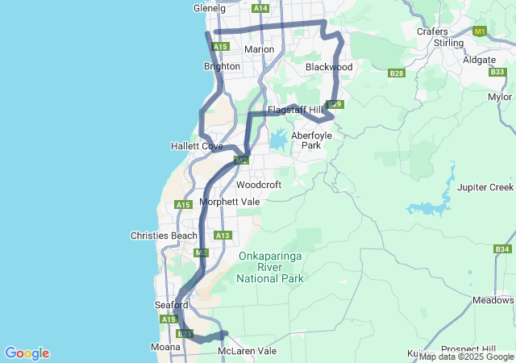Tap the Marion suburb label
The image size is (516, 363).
[259, 49]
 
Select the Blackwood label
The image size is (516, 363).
[329, 68]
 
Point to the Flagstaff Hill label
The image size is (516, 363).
[295, 110]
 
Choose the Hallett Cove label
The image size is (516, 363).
[197, 146]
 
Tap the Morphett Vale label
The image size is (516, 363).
[230, 202]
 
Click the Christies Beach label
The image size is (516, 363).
[164, 236]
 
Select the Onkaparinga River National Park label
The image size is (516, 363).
[271, 267]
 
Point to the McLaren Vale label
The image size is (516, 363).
[247, 352]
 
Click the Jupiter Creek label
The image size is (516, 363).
[485, 187]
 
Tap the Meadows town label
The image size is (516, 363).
[493, 300]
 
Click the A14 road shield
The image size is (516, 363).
[260, 8]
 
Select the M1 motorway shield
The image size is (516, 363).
[481, 31]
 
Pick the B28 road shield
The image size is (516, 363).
[396, 73]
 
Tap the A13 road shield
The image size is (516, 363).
[223, 236]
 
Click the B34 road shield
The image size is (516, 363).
[501, 249]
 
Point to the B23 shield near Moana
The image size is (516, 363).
[185, 333]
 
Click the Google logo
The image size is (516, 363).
[27, 353]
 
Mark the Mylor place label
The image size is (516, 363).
[500, 97]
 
